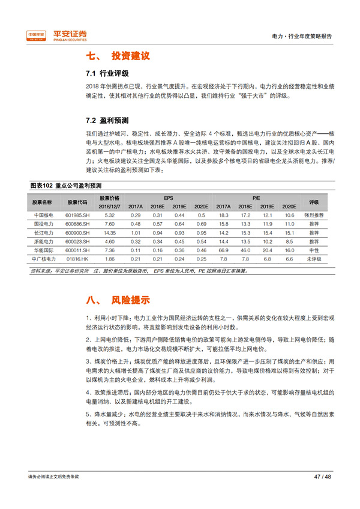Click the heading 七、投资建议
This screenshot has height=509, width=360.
pos(118,56)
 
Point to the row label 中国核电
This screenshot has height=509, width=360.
pos(44,215)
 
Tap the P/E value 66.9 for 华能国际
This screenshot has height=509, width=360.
pos(224,249)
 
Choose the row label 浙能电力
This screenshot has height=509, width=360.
pos(44,241)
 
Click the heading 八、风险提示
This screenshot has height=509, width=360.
pos(118,300)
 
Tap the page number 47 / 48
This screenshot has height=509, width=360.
pos(322,476)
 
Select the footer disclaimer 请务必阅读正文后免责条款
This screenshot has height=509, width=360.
pos(53,476)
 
